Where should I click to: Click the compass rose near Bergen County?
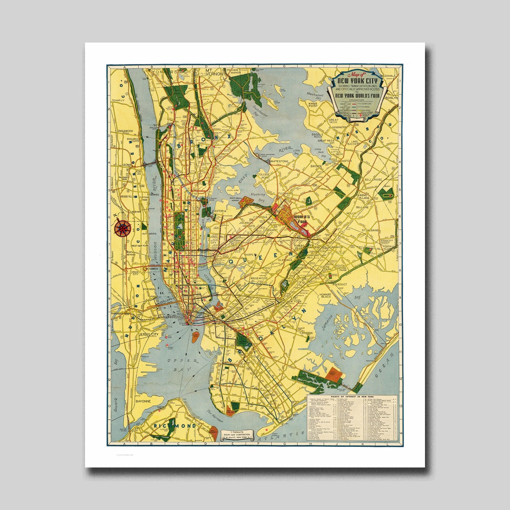click(122, 228)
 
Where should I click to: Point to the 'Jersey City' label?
click(149, 334)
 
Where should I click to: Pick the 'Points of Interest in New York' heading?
click(352, 397)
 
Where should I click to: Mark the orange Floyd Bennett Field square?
click(333, 374)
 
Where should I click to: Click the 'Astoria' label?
click(219, 211)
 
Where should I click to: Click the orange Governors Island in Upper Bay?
click(195, 337)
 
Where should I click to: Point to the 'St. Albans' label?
click(370, 230)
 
